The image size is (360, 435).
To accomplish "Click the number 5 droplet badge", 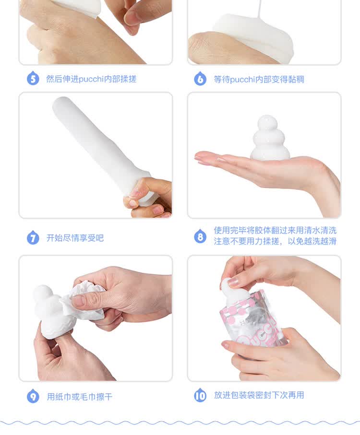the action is point(33,78).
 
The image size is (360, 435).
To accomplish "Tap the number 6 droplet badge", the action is point(200,79).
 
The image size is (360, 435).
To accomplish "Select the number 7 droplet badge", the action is point(33,237).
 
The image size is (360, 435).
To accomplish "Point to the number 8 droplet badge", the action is point(200,236).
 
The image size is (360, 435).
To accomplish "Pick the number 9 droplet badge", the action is point(33,396).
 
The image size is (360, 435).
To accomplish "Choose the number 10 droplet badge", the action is point(200,395).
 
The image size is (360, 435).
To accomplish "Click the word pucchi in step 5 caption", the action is point(91,79).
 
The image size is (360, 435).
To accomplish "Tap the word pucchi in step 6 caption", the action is point(242,80).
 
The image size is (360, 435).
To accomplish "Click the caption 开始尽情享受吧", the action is point(75,238).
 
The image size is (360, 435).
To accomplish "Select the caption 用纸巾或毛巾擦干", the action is point(79,397).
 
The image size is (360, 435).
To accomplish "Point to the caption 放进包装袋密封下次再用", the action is point(259,395).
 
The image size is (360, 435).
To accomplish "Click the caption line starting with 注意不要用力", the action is point(275,241).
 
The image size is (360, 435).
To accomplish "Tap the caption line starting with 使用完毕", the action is point(275,230).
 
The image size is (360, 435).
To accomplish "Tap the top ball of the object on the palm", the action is point(267,123).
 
